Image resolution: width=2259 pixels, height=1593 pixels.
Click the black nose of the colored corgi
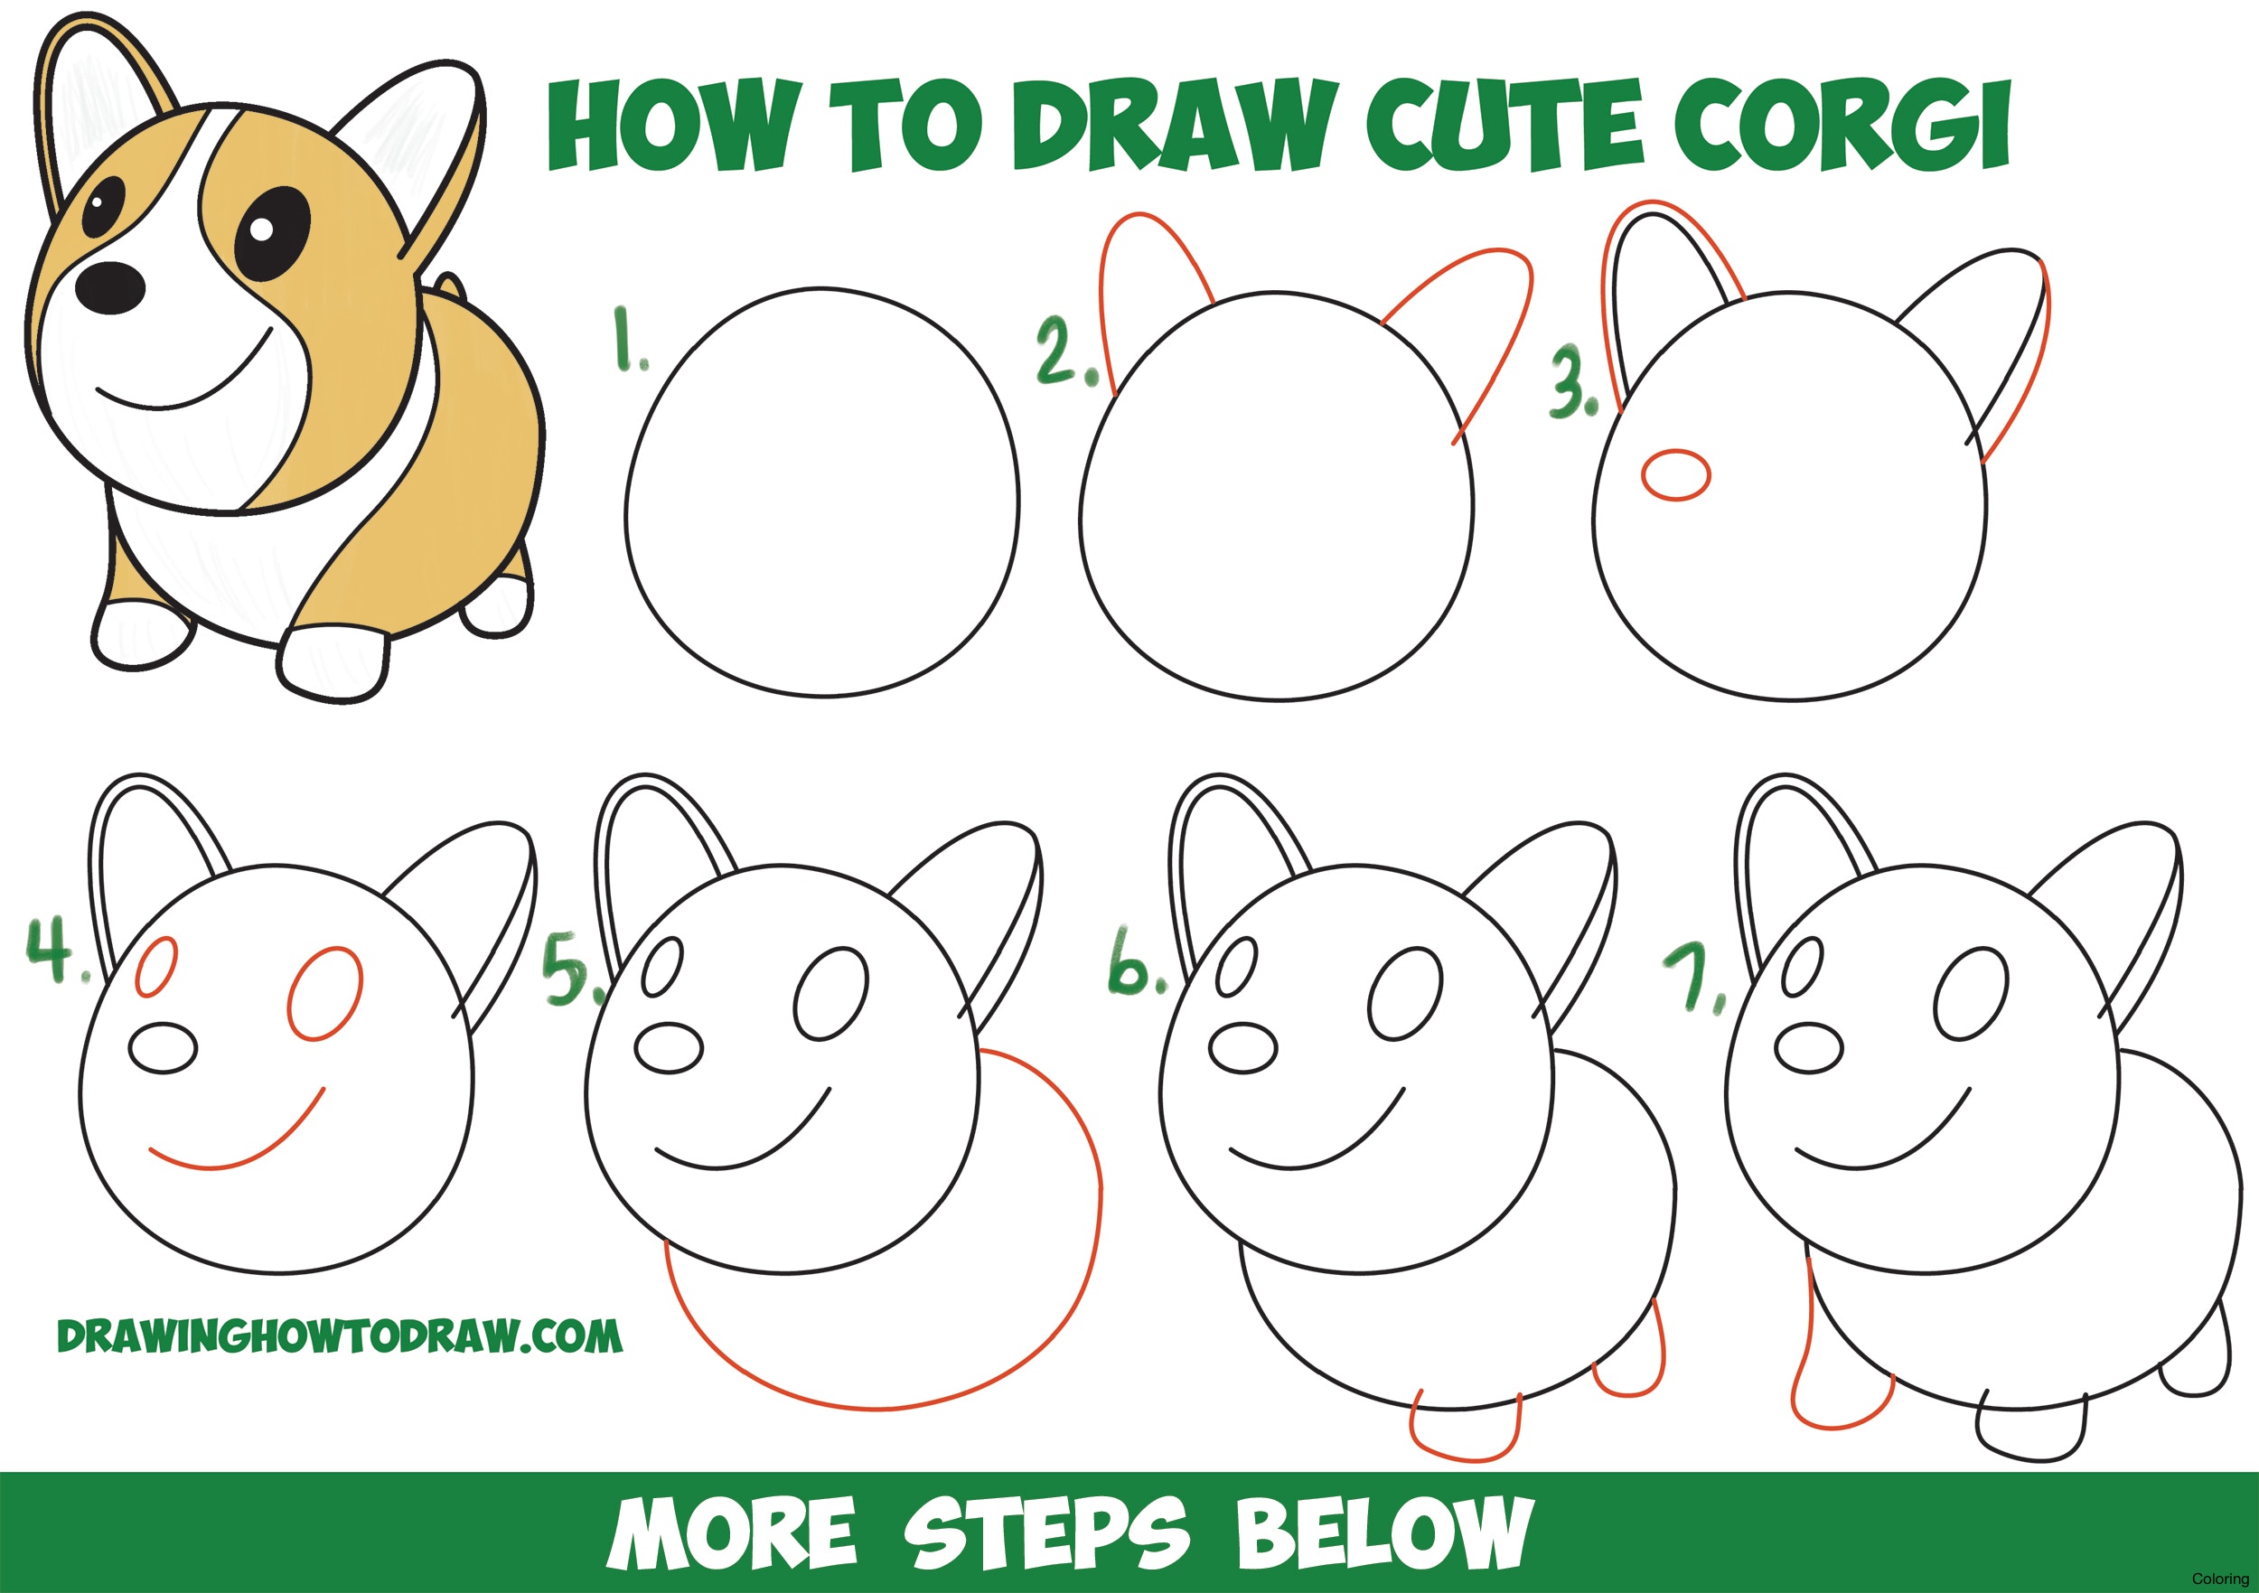[111, 286]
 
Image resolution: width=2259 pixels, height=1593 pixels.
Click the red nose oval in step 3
[1675, 474]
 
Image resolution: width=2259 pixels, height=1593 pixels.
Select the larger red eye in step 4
[325, 995]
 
